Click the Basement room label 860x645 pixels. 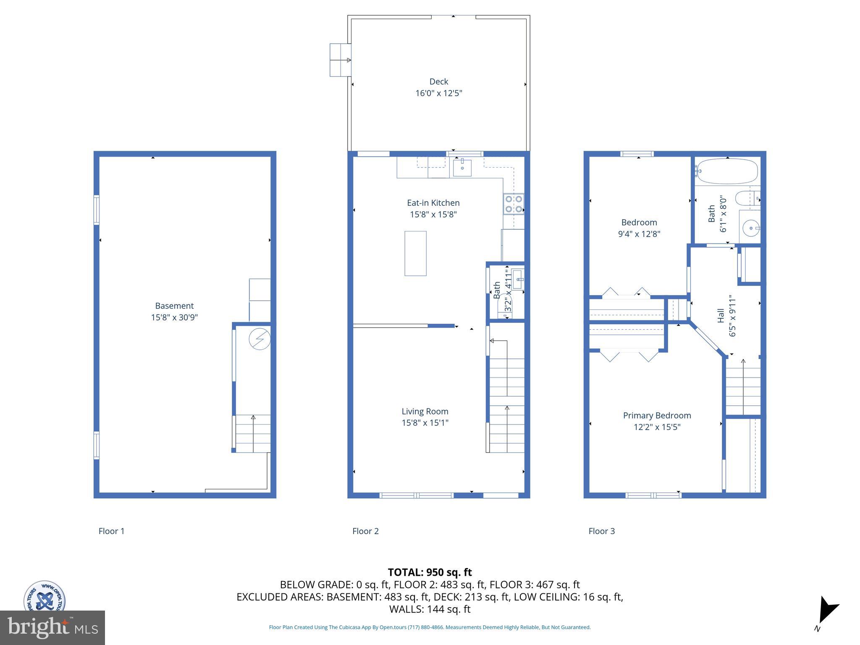[x=174, y=306]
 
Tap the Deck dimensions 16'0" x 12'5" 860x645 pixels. [x=438, y=93]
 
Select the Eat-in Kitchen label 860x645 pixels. [x=433, y=203]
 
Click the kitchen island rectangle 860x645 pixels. [x=415, y=253]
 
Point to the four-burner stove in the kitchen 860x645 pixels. [x=514, y=204]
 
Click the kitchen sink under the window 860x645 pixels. [x=462, y=168]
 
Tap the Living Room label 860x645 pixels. [x=425, y=412]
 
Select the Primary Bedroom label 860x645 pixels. [x=657, y=415]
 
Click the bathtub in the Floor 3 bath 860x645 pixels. [x=726, y=171]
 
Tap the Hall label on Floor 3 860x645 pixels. [x=721, y=316]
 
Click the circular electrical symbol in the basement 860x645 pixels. [x=260, y=339]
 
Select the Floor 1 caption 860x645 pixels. [x=111, y=531]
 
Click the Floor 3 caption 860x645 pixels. [x=601, y=531]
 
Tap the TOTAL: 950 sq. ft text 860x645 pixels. [x=430, y=572]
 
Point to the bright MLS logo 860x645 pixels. [x=52, y=627]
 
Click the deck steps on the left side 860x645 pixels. [x=340, y=60]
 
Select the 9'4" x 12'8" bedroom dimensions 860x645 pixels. [x=639, y=234]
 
